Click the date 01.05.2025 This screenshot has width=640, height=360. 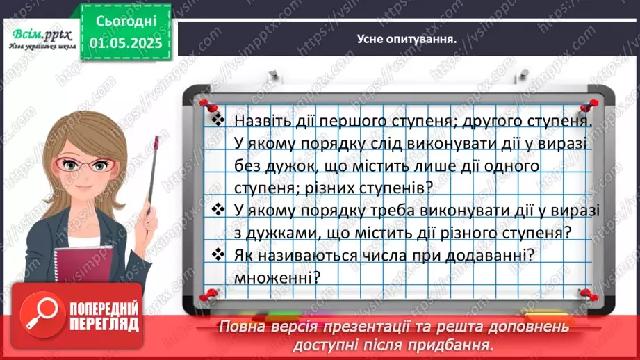(126, 42)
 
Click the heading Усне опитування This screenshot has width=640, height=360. (409, 39)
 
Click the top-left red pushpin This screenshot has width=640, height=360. (206, 104)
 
